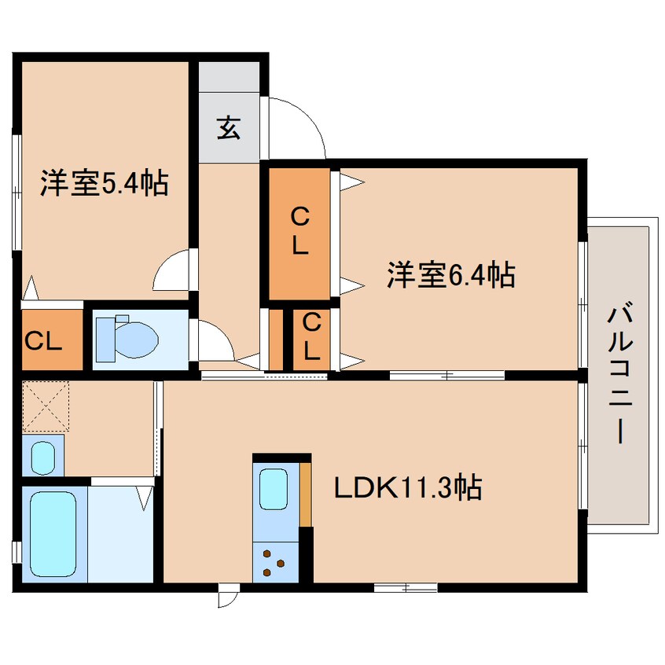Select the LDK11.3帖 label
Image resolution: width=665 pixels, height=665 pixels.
(407, 489)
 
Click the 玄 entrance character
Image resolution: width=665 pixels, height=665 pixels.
(228, 128)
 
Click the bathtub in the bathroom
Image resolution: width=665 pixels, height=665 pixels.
(53, 535)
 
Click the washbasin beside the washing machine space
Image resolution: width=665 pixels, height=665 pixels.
(42, 455)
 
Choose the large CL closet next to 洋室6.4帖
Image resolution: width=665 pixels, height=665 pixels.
(299, 233)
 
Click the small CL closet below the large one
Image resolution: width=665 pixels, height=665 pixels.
(311, 336)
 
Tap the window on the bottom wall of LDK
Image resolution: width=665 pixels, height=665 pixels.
(405, 587)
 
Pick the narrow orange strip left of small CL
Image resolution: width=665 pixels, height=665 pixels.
(276, 340)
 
